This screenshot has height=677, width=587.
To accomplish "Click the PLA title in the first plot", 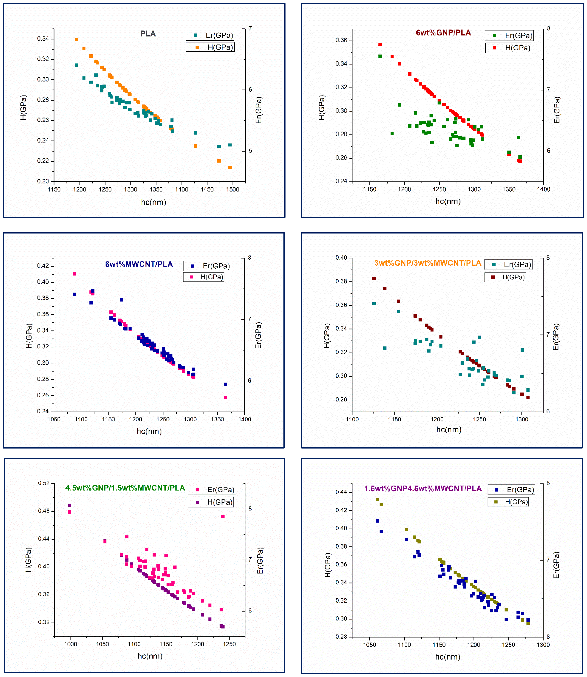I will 148,34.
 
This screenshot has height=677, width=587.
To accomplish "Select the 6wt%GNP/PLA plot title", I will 443,33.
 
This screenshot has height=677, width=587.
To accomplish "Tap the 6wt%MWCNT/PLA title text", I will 139,264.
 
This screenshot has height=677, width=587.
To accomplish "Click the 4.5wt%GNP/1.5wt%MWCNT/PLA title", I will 125,488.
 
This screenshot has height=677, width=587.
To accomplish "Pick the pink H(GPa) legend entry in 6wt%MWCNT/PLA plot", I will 204,277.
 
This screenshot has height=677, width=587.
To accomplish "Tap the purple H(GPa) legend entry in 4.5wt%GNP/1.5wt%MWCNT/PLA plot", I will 211,502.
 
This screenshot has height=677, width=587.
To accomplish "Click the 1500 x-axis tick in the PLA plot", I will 233,189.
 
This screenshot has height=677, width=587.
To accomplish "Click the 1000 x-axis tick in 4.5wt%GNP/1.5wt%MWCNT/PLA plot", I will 70,644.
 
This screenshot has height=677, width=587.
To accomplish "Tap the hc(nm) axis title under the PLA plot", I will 153,202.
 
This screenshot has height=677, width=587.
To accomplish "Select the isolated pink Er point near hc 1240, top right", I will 223,516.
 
